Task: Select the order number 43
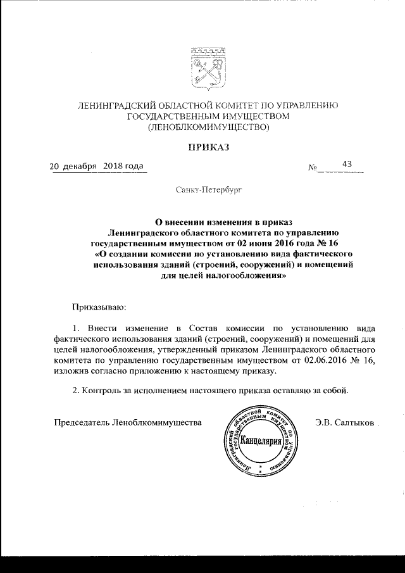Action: pos(347,164)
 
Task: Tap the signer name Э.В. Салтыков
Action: pos(344,422)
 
